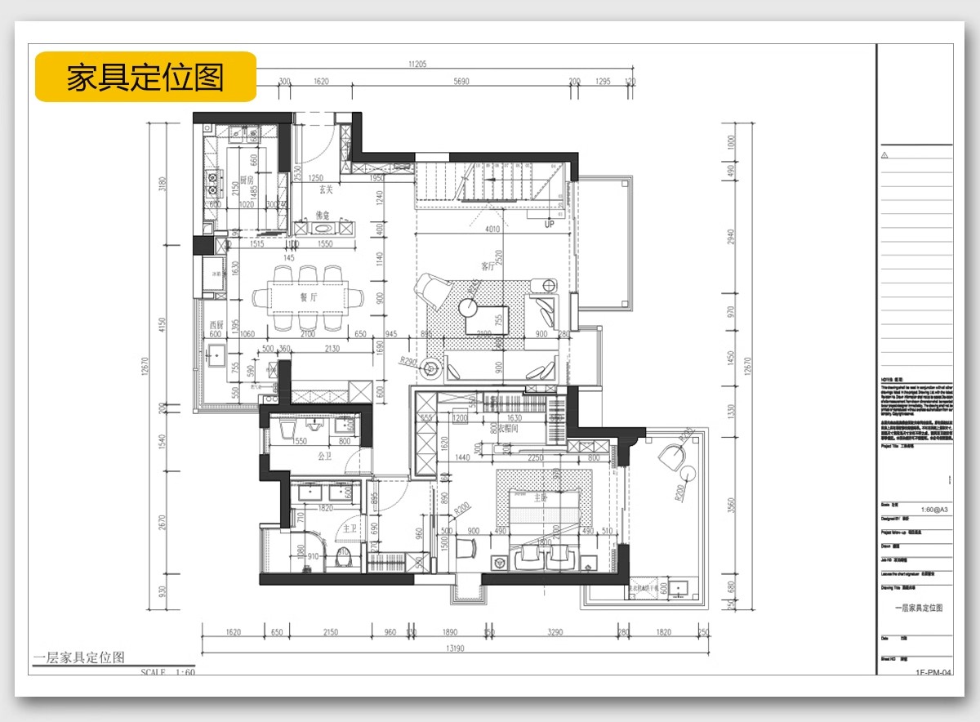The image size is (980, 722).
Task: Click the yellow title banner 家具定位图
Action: click(x=145, y=77)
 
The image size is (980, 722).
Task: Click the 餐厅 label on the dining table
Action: click(x=308, y=298)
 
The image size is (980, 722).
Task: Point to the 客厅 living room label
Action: click(x=488, y=266)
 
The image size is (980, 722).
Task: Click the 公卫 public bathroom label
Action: click(x=324, y=457)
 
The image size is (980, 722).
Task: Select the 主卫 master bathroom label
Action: click(x=350, y=528)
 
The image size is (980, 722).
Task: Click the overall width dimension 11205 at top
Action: click(x=417, y=64)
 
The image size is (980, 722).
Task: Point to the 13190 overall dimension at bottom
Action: click(x=455, y=649)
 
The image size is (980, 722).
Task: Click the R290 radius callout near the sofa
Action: click(x=408, y=359)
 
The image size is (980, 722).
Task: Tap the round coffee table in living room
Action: click(x=468, y=307)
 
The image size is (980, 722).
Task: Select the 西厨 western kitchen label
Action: click(x=216, y=323)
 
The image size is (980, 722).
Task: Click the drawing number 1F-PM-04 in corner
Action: click(x=933, y=674)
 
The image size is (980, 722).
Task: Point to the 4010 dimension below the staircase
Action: click(x=492, y=230)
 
